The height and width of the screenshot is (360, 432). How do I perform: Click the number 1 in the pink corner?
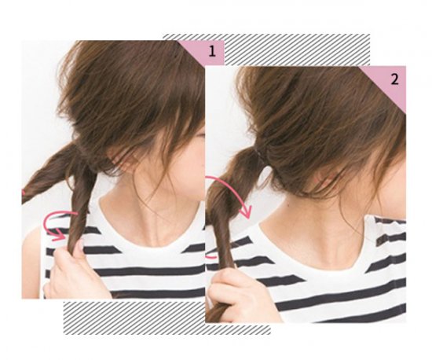[x=211, y=52]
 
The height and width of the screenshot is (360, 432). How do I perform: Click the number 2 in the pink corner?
[x=394, y=80]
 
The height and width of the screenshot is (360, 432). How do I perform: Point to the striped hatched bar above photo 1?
[x=266, y=50]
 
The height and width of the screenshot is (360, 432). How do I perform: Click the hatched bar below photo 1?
[x=167, y=318]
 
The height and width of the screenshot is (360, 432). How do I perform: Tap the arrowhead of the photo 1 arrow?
[x=59, y=235]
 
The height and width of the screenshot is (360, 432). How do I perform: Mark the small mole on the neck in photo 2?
[x=288, y=204]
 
